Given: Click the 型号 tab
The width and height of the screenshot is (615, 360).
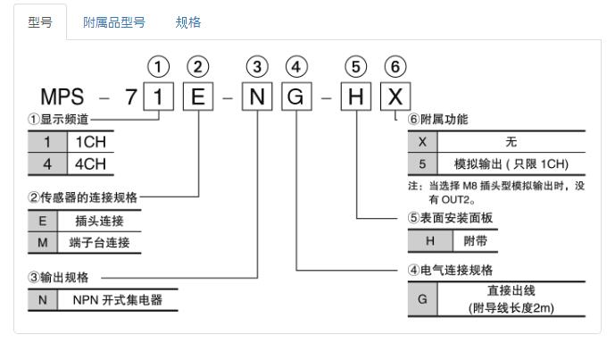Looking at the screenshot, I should (x=39, y=22).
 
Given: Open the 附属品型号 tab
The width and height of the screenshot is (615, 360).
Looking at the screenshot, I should (x=113, y=22).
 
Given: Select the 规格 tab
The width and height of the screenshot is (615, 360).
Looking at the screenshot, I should (x=188, y=22).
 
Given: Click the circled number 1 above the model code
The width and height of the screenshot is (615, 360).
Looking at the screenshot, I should (x=158, y=66).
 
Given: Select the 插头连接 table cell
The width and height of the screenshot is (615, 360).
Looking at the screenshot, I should (x=100, y=219).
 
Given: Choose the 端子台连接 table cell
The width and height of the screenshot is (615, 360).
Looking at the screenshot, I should (x=100, y=241).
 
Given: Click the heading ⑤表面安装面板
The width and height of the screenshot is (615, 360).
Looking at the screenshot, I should (x=452, y=217).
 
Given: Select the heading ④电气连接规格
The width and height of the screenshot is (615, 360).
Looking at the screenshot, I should (x=452, y=269).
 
